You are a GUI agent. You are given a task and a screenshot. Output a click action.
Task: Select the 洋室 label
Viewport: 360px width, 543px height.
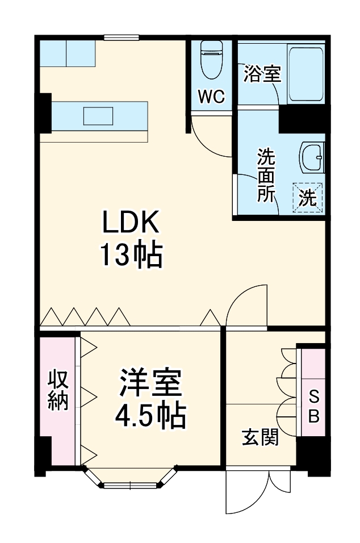pyautogui.click(x=150, y=385)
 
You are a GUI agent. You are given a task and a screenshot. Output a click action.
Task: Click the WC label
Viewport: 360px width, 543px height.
pyautogui.click(x=211, y=97)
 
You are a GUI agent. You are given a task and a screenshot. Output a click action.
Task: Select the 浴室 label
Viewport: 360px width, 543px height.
pyautogui.click(x=262, y=74)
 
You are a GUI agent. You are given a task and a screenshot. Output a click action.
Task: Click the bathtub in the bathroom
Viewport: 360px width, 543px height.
pyautogui.click(x=307, y=73)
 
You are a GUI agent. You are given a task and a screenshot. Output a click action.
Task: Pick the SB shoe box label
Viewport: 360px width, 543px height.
pyautogui.click(x=313, y=406)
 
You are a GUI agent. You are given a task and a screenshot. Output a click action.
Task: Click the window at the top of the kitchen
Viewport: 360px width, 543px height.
pyautogui.click(x=121, y=37)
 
